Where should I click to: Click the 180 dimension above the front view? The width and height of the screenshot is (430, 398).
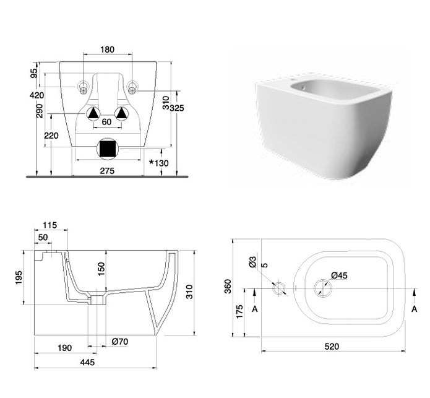click(x=107, y=50)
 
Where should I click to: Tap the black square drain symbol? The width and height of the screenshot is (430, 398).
click(x=107, y=149)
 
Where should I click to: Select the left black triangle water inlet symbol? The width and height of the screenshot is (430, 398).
click(x=93, y=113)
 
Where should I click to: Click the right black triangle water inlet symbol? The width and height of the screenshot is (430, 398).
click(x=121, y=113)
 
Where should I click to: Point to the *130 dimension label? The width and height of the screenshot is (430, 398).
click(x=159, y=163)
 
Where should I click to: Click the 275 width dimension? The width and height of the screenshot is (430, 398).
click(x=107, y=171)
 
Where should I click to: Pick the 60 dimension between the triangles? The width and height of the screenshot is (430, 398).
click(x=106, y=122)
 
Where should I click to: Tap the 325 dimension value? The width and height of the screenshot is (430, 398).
click(x=177, y=108)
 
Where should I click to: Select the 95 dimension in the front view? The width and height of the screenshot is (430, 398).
click(x=34, y=73)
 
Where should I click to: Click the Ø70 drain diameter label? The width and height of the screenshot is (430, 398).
click(x=120, y=342)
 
